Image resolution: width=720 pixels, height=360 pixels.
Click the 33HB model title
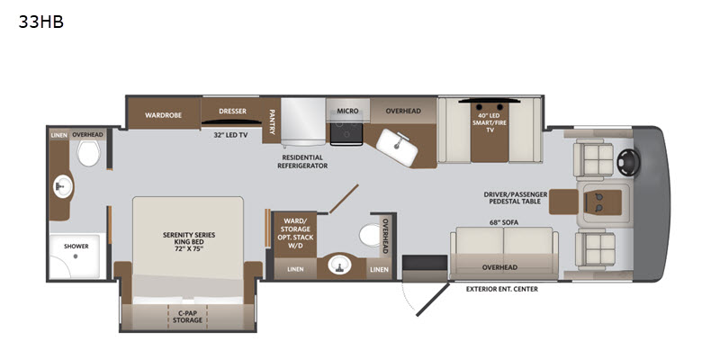click(40, 22)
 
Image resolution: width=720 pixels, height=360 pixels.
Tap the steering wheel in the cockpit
click(628, 162)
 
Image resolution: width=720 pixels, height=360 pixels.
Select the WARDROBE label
click(164, 115)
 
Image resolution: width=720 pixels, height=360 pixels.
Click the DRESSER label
click(232, 111)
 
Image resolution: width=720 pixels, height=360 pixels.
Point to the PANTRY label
click(272, 121)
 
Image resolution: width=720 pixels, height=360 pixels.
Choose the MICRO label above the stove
click(347, 111)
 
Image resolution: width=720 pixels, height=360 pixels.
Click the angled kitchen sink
click(397, 147)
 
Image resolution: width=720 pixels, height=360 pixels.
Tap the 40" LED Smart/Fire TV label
click(489, 122)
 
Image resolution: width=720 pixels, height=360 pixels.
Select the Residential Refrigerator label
click(302, 162)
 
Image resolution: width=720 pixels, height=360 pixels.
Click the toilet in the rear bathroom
click(88, 153)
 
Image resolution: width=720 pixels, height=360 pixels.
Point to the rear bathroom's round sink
click(63, 186)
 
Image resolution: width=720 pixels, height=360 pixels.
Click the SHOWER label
click(76, 246)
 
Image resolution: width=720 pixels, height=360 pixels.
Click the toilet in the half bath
click(370, 235)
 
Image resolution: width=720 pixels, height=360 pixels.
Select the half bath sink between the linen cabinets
click(340, 265)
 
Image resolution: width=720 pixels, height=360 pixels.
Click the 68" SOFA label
click(504, 222)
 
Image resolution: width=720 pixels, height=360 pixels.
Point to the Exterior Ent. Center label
click(502, 289)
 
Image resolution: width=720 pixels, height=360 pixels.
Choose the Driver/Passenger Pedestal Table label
click(516, 198)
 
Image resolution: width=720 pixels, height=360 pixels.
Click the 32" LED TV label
click(230, 135)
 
